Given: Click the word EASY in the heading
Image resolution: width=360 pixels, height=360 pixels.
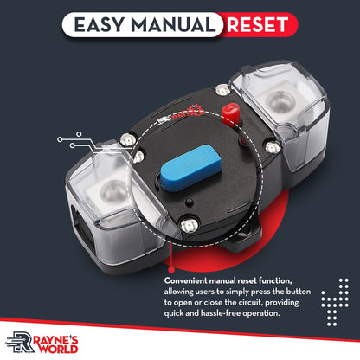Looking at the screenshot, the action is click(100, 24).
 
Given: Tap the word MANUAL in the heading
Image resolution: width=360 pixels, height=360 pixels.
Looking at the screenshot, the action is click(173, 24).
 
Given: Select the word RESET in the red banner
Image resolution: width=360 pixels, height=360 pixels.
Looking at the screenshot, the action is click(258, 24).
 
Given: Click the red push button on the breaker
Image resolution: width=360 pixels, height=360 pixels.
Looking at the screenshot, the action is click(230, 114).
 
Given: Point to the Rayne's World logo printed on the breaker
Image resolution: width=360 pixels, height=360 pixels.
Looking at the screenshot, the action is click(182, 114).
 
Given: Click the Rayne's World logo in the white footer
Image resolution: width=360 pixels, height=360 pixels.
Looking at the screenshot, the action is click(42, 343).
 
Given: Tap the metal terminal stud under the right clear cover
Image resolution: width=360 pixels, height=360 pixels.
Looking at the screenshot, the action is click(280, 102).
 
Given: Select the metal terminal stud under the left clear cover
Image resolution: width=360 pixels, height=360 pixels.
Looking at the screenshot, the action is click(113, 192).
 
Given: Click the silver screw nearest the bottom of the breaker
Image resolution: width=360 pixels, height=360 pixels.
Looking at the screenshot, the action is click(188, 224).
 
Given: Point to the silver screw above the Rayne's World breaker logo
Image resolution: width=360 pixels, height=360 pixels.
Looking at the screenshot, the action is click(223, 90).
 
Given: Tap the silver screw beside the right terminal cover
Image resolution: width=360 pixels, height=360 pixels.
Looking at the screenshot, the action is click(273, 147).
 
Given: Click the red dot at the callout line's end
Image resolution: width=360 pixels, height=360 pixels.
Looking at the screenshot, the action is click(171, 270).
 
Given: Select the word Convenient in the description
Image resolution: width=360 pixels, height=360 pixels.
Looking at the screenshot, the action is click(186, 280).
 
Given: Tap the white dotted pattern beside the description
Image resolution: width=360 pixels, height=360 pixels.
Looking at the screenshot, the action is click(335, 302).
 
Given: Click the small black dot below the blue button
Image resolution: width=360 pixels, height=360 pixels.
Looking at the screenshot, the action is click(190, 202).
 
